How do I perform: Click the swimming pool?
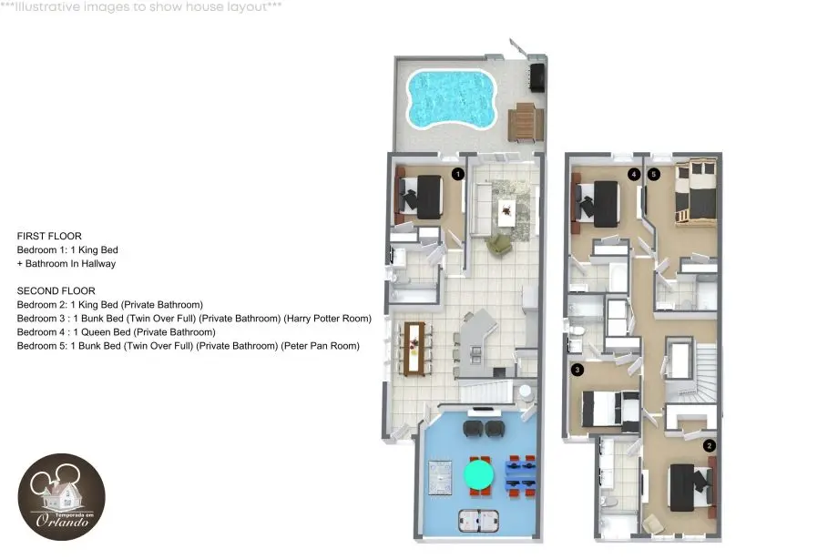coord(452,99)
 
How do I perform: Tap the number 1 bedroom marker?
coord(457,174)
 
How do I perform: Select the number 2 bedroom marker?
coord(710,446)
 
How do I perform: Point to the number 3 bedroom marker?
coord(577,370)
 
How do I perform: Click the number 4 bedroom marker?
coord(634,174)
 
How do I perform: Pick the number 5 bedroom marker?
coord(653,174)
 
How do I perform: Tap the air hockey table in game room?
coord(478,521)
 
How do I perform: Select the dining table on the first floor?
coord(414,348)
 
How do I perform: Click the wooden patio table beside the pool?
coord(526,122)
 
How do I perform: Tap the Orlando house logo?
coord(61,497)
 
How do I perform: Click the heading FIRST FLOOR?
coord(49,236)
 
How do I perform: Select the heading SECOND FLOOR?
coord(56,290)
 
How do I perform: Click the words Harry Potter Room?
coord(327,319)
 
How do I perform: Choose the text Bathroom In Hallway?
coord(70,263)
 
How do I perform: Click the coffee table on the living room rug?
coord(506,213)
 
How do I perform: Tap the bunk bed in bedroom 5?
coord(695,192)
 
